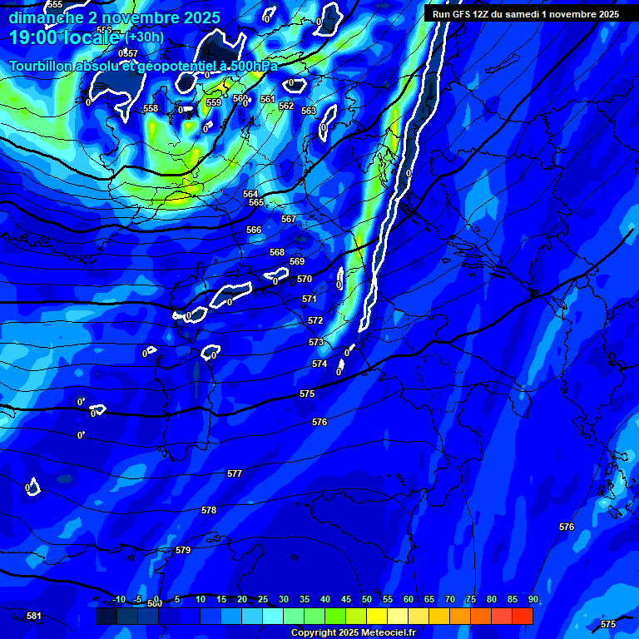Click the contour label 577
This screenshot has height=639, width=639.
tap(235, 473)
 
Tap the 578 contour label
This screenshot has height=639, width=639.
tap(209, 510)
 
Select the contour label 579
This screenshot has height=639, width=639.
tap(183, 550)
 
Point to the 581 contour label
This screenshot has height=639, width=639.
tap(34, 616)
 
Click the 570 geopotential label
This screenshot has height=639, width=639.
tap(305, 280)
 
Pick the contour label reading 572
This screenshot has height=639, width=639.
tap(315, 320)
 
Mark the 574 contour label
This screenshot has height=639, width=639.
tap(319, 364)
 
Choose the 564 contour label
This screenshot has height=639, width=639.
tap(250, 194)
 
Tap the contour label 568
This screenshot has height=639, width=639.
tap(277, 252)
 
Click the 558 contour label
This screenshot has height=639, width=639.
tap(151, 109)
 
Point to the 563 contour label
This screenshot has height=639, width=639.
tap(309, 111)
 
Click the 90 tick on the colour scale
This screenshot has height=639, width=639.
tap(532, 599)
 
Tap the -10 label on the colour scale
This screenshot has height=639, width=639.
tap(119, 599)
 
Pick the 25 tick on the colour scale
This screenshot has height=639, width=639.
tap(262, 599)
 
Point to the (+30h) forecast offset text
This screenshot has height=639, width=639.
tap(144, 37)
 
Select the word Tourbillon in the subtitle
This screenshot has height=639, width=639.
tap(42, 66)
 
